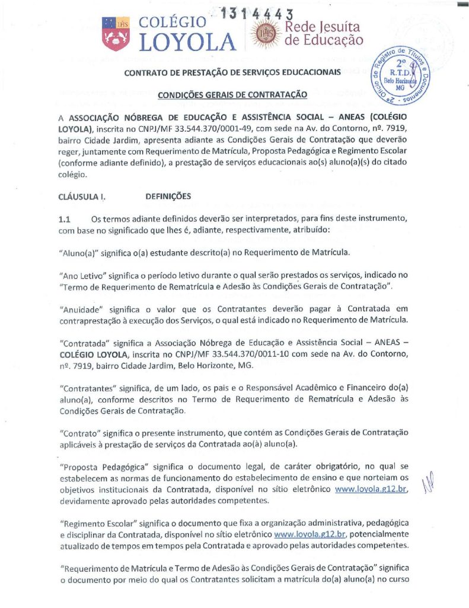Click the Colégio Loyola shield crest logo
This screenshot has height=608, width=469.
pos(116,33)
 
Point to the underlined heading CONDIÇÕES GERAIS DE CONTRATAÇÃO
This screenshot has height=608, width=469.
pos(232,94)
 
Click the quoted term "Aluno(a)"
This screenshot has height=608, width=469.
pos(80,252)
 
